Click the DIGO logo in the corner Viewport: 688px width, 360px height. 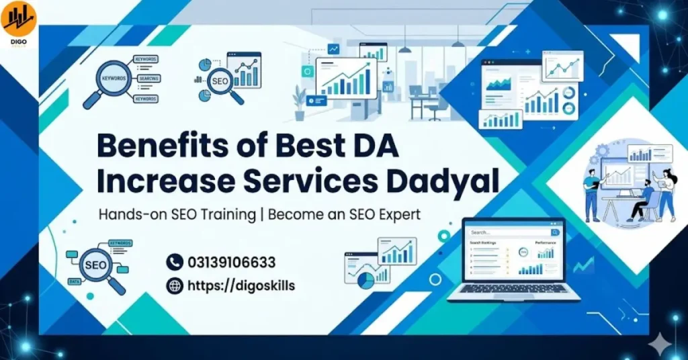pyautogui.click(x=18, y=20)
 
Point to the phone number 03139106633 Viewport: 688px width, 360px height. pyautogui.click(x=231, y=263)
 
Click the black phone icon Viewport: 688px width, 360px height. pyautogui.click(x=174, y=262)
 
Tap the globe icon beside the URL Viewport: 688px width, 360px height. pyautogui.click(x=174, y=285)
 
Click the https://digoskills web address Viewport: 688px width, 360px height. pyautogui.click(x=241, y=285)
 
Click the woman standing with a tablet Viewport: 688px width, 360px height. pyautogui.click(x=666, y=195)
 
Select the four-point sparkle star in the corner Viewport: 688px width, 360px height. pyautogui.click(x=662, y=342)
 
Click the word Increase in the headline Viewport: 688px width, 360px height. pyautogui.click(x=159, y=180)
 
